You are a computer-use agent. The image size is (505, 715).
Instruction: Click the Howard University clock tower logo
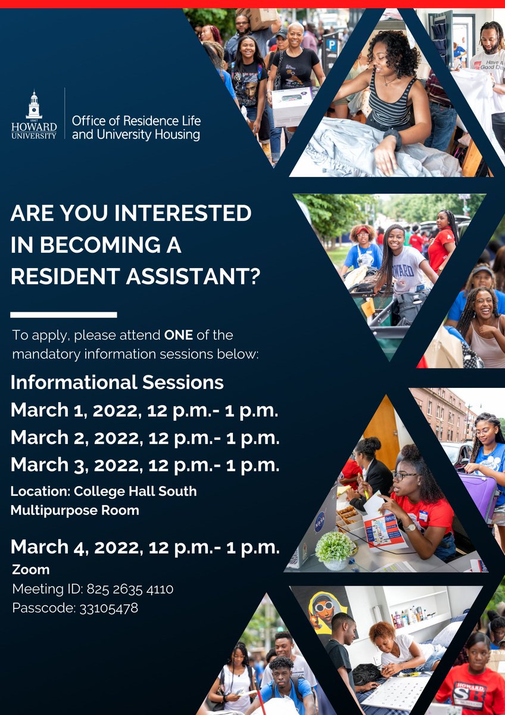[34, 106]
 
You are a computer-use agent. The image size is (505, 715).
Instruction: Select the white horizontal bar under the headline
[64, 314]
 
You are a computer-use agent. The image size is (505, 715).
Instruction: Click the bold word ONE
[179, 335]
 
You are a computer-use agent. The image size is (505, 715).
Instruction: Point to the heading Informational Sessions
[117, 382]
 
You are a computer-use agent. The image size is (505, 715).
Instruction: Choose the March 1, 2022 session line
[145, 410]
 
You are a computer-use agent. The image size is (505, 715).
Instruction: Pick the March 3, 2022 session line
[145, 464]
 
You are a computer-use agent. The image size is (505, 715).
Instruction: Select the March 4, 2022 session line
[145, 546]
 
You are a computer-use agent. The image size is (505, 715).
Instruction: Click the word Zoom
[31, 570]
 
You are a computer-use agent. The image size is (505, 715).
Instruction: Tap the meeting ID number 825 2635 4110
[130, 589]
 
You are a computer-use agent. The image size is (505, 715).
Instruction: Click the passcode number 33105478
[108, 608]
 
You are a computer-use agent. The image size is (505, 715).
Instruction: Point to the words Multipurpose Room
[75, 510]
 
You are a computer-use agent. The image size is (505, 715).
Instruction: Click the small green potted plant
[335, 548]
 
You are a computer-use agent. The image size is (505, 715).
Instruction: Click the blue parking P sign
[331, 45]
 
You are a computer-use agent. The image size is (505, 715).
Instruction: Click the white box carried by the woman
[291, 106]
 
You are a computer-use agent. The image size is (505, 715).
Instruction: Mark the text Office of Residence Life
[136, 120]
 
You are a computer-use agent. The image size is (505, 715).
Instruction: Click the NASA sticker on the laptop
[319, 522]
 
